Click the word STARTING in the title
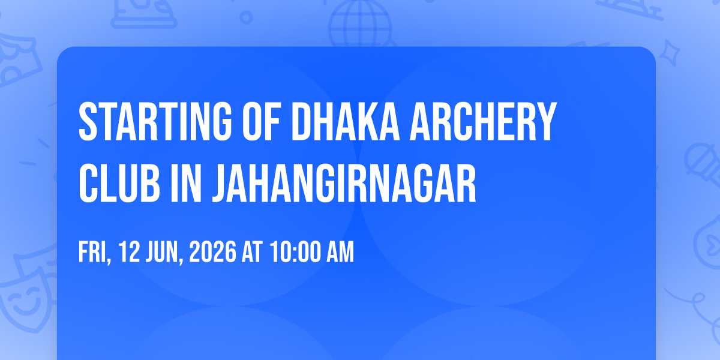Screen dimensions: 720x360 click(x=155, y=121)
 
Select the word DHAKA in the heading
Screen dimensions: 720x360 click(x=346, y=121)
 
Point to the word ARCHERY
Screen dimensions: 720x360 click(x=483, y=121)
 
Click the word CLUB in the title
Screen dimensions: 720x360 click(x=119, y=183)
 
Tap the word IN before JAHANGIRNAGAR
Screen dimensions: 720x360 click(x=186, y=183)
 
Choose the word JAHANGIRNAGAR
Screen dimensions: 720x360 click(x=344, y=183)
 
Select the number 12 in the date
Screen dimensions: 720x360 click(x=130, y=252)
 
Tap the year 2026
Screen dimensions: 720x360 click(x=213, y=252)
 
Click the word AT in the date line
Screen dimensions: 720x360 click(x=252, y=252)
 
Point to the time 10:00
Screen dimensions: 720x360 click(x=295, y=252)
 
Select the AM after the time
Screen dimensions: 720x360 click(x=340, y=252)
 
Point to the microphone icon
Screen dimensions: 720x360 click(x=703, y=164)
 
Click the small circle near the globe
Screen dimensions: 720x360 click(x=246, y=17)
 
